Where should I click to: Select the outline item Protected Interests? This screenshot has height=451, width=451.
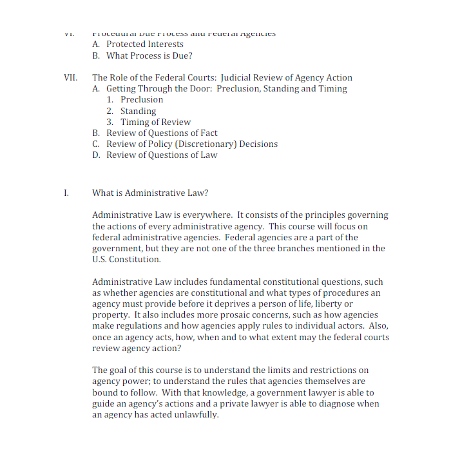145,44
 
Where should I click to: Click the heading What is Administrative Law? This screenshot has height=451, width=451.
150,193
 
